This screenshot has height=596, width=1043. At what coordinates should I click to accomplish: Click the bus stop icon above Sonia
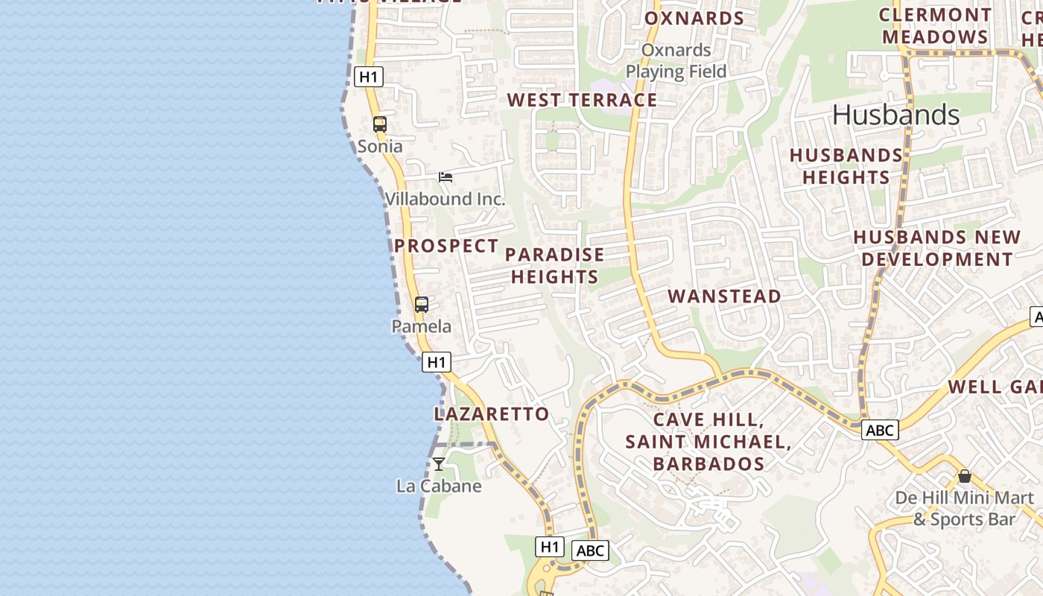coord(380,124)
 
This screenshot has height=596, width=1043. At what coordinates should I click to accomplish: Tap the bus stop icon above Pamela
coord(422,304)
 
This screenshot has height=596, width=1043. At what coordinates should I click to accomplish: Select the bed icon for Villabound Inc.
coord(446,177)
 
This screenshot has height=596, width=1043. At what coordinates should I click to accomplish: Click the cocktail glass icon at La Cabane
coord(439,464)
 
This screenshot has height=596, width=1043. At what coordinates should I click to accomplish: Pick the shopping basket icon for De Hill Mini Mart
coord(965,476)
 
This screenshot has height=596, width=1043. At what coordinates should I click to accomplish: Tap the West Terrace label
coord(582,100)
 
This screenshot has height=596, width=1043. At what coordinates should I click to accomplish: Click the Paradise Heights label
coord(554,265)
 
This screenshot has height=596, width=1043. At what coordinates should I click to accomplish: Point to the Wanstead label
coord(724,296)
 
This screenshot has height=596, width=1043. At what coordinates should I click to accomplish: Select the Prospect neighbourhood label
coord(446,245)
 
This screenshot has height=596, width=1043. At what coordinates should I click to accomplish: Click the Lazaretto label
coord(492,413)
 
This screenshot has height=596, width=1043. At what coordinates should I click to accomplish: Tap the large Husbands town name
coord(895,115)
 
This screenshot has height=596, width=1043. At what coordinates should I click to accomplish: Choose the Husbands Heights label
coord(846,166)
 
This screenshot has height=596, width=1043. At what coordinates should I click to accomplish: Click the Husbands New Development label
coord(936,248)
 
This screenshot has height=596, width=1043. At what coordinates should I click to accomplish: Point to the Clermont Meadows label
coord(935,26)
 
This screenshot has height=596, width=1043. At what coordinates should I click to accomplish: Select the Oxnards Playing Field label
coord(676,61)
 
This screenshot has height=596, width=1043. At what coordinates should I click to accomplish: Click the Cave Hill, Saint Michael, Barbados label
coord(708,442)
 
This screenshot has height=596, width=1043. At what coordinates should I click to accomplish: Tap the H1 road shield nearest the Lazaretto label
coord(437,362)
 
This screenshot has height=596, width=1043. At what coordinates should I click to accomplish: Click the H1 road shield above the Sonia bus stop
coord(369,76)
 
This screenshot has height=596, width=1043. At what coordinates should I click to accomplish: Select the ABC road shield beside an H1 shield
coord(590,551)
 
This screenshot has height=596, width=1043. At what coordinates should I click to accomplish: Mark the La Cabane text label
coord(439,486)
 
